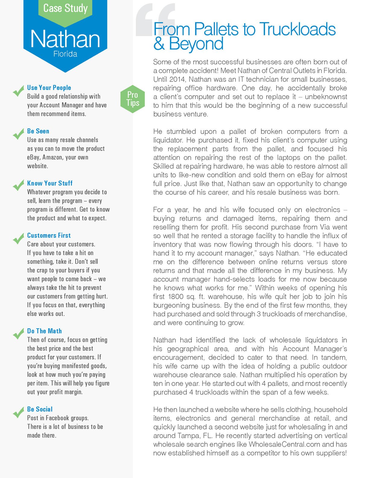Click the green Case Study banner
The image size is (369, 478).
tap(65, 8)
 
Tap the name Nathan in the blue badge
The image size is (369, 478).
tap(65, 39)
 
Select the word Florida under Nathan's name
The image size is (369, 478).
tap(65, 54)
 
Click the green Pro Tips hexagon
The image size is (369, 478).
tap(133, 99)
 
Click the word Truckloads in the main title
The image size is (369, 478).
tap(297, 29)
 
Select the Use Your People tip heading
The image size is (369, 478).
tap(49, 88)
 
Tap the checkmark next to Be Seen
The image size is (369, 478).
tap(18, 134)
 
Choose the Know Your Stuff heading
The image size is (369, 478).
tap(50, 183)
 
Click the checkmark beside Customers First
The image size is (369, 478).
tap(18, 238)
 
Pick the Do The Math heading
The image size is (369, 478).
tap(44, 331)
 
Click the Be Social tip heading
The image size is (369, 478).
tap(40, 409)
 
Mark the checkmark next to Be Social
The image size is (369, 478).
tap(18, 412)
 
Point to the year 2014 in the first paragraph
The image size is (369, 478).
tap(178, 79)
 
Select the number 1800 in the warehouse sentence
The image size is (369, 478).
tap(176, 297)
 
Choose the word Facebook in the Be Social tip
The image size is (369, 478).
tap(58, 418)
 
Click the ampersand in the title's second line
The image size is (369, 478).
tap(159, 44)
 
